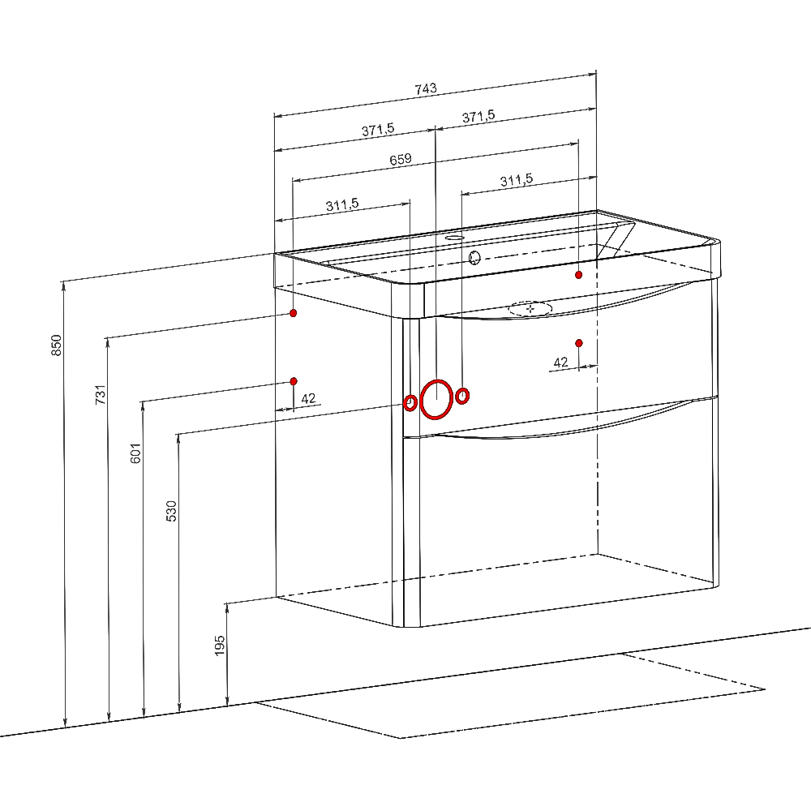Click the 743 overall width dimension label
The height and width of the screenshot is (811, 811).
[426, 88]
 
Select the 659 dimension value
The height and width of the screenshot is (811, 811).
[401, 159]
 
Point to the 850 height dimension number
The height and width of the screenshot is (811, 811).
[57, 345]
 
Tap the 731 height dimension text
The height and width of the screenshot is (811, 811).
[101, 394]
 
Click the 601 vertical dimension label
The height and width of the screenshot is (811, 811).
[135, 453]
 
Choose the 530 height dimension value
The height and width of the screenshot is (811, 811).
[171, 511]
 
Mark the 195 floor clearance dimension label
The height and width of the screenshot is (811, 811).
[220, 646]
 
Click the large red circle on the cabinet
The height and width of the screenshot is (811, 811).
[436, 399]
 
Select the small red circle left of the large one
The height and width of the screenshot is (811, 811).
[410, 402]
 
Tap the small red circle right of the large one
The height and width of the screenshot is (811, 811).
[463, 396]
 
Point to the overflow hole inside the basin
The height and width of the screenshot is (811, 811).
[474, 256]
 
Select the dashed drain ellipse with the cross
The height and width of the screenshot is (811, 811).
[530, 309]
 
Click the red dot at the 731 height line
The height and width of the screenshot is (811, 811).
[294, 313]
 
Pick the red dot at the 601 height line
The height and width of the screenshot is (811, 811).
[294, 381]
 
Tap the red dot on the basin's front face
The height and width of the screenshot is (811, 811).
[579, 275]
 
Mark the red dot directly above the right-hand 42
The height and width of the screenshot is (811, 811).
[579, 343]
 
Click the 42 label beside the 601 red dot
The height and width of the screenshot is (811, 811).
[308, 399]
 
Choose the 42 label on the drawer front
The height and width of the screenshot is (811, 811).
[560, 363]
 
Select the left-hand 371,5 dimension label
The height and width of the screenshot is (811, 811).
[378, 129]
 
